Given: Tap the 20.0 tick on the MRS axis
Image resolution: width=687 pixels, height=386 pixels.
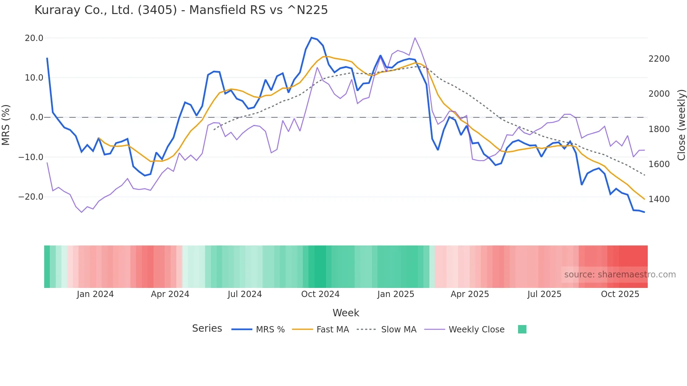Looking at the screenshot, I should pyautogui.click(x=34, y=38).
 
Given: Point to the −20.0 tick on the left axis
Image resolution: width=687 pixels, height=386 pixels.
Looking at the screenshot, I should pyautogui.click(x=31, y=197).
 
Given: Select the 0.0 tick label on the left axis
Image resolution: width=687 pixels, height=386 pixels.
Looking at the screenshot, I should pyautogui.click(x=37, y=117).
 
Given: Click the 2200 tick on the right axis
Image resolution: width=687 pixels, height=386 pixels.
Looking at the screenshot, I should pyautogui.click(x=659, y=59).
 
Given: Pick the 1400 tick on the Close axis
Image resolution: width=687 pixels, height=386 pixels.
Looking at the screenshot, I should pyautogui.click(x=659, y=199).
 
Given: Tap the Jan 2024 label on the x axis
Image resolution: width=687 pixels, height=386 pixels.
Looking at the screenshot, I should pyautogui.click(x=95, y=294).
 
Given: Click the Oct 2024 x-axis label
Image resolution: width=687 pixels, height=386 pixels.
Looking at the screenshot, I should pyautogui.click(x=320, y=294).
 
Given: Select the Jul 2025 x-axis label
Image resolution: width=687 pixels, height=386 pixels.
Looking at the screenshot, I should pyautogui.click(x=544, y=294).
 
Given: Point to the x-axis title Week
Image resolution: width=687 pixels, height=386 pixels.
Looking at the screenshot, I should pyautogui.click(x=346, y=313).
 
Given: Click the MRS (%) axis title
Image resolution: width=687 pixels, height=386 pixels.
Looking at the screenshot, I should pyautogui.click(x=6, y=125).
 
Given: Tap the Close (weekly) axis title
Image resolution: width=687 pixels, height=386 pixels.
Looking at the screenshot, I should pyautogui.click(x=681, y=125).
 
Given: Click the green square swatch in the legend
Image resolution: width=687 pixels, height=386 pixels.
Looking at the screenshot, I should pyautogui.click(x=522, y=329).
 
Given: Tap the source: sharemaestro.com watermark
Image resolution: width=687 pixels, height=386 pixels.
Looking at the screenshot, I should pyautogui.click(x=620, y=275).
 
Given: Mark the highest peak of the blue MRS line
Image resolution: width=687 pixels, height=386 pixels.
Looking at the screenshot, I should pyautogui.click(x=311, y=37).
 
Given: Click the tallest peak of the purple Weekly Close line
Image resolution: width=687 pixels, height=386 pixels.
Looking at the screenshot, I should pyautogui.click(x=415, y=38).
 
